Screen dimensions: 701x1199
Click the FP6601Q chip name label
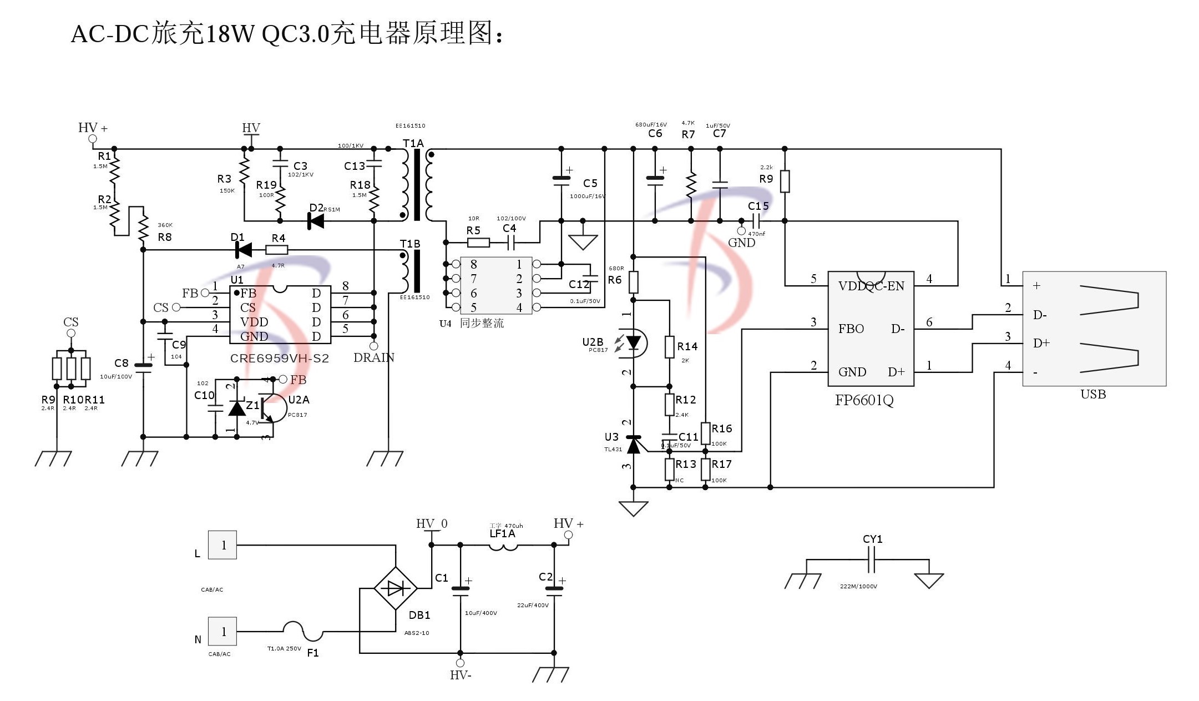[x=864, y=401]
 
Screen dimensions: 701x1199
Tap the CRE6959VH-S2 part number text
[x=280, y=359]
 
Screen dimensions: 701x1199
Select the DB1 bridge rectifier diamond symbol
[x=396, y=588]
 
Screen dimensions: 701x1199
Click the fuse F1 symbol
[x=302, y=631]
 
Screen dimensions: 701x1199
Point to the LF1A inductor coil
[x=503, y=547]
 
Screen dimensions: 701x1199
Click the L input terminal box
[x=222, y=545]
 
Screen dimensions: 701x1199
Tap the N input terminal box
[x=222, y=631]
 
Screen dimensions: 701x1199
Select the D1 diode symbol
[x=243, y=250]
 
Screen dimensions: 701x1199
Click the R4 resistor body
[x=277, y=250]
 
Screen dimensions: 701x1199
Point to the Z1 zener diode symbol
[x=237, y=409]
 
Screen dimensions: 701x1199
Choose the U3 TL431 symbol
[x=633, y=444]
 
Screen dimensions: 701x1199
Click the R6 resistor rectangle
[x=633, y=282]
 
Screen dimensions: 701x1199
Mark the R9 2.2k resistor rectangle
[x=785, y=181]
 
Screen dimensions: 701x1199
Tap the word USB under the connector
[x=1093, y=395]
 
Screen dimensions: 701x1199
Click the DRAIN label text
[x=373, y=358]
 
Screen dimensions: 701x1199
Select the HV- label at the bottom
[x=461, y=675]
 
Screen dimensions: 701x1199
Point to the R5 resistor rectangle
[x=478, y=243]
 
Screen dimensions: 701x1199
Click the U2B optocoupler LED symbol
[x=633, y=343]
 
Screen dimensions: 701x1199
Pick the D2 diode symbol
[x=316, y=221]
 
